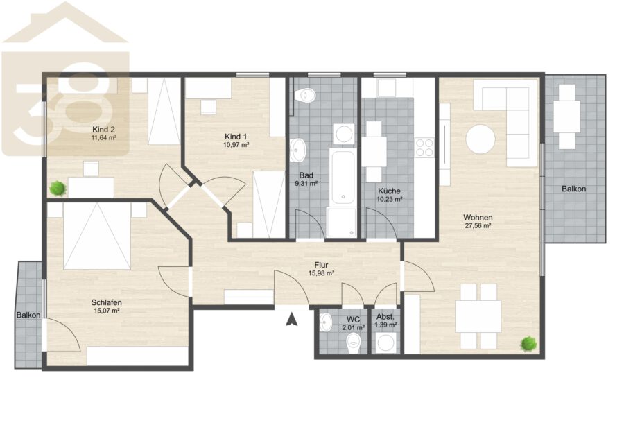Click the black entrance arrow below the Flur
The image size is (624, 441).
[292, 320]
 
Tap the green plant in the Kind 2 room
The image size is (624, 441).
[58, 188]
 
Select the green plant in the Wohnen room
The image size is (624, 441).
[529, 343]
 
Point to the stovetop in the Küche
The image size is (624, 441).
[424, 147]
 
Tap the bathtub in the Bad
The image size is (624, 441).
[343, 177]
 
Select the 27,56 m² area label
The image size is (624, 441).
[478, 225]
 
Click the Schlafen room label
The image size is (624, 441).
[106, 302]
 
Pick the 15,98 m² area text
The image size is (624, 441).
[321, 273]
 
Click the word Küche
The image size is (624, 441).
[389, 191]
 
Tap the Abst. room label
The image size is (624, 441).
[385, 317]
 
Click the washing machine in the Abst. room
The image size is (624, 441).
[385, 343]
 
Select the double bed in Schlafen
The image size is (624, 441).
[97, 236]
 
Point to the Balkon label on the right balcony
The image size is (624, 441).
[574, 189]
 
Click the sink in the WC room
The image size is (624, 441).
[326, 322]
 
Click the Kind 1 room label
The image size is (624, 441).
[236, 137]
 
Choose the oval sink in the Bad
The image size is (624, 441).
[297, 150]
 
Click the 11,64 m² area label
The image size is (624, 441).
[104, 138]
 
